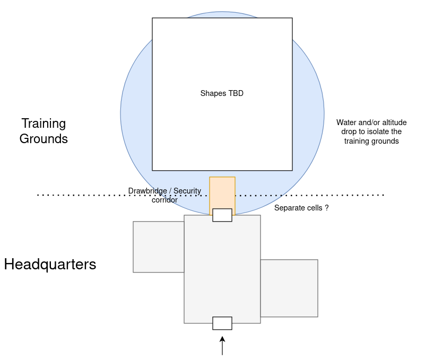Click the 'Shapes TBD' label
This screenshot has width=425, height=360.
[222, 93]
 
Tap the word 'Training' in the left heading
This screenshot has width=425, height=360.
[44, 124]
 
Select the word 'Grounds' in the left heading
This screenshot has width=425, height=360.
[44, 139]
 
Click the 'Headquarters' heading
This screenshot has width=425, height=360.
[50, 265]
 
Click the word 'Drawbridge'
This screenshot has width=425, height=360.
[148, 191]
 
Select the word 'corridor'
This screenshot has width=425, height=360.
[164, 200]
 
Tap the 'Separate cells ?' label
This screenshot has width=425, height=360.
[301, 208]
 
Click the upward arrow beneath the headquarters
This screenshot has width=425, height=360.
[222, 346]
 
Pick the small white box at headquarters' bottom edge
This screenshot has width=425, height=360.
[222, 323]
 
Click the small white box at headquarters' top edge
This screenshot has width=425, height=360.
[222, 215]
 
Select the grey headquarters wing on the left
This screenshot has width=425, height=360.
[159, 247]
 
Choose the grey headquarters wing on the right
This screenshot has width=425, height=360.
[289, 288]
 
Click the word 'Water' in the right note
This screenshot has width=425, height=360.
[345, 122]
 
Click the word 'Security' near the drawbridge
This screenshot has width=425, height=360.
[187, 191]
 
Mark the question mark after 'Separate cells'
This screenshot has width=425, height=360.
[327, 208]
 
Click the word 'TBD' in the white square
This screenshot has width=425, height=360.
[236, 93]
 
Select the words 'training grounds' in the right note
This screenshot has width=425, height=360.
[371, 141]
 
